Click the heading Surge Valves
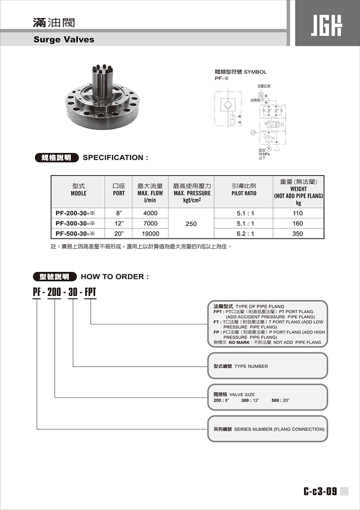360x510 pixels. [64, 39]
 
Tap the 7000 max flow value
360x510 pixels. [150, 224]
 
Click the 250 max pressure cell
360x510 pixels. [191, 224]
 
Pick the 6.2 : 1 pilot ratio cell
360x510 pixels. [246, 234]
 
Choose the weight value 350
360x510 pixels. [298, 234]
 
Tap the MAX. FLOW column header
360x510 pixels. [150, 193]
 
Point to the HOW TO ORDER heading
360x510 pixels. [115, 277]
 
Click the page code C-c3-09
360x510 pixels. [320, 491]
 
